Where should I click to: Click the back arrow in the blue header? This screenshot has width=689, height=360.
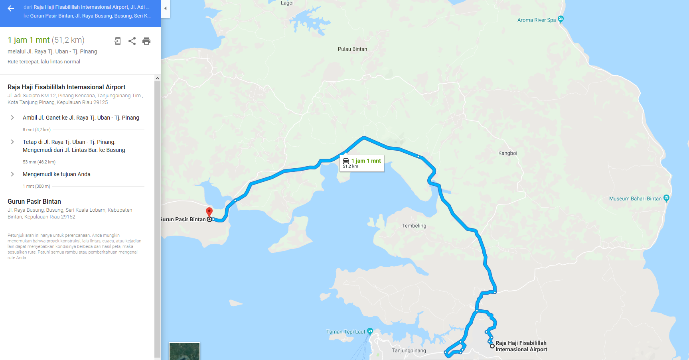click(11, 8)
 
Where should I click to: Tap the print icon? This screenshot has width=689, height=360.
click(146, 41)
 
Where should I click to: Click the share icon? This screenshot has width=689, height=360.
click(132, 41)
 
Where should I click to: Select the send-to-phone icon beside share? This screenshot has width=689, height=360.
click(117, 41)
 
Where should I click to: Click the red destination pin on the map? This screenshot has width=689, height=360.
click(209, 212)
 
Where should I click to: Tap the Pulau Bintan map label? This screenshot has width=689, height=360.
click(352, 49)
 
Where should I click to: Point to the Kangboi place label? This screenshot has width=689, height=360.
click(507, 153)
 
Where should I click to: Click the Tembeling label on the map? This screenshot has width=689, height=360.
click(414, 226)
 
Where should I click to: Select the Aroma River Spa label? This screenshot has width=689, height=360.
click(536, 20)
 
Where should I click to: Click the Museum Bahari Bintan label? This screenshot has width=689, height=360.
click(635, 199)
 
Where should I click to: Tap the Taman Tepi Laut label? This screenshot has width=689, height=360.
click(345, 332)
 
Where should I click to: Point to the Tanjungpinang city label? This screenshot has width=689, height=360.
click(409, 350)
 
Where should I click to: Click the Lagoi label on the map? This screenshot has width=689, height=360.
click(287, 3)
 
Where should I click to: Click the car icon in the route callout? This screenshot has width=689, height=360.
click(346, 161)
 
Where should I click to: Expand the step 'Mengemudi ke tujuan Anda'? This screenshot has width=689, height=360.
click(12, 174)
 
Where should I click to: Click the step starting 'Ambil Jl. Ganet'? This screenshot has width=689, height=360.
click(81, 118)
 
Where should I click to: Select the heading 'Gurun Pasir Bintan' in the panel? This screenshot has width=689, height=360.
click(34, 201)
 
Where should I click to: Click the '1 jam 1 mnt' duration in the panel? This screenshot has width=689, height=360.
click(29, 40)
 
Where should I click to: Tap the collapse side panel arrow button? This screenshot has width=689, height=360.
click(165, 8)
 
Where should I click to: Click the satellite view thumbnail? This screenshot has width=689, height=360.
click(184, 351)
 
